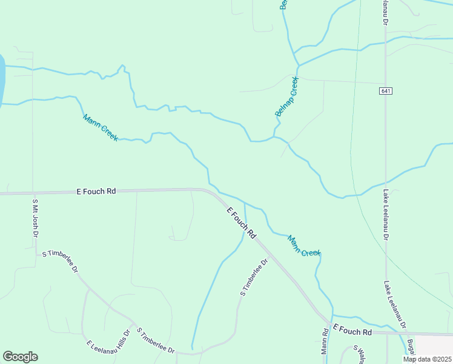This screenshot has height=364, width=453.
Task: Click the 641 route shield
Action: [386, 91]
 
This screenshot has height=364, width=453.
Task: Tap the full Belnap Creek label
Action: [287, 96]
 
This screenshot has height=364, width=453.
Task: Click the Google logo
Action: [20, 357]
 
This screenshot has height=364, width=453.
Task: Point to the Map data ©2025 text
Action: [426, 359]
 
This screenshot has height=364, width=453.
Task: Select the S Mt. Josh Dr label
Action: [35, 218]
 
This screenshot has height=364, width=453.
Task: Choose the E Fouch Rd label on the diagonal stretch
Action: [242, 222]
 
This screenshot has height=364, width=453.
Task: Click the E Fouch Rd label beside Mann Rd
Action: [352, 332]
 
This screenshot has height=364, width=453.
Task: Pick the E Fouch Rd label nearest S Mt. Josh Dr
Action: [96, 191]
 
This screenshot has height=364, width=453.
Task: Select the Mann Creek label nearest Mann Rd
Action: [304, 245]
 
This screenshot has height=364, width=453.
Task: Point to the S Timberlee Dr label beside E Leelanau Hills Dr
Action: [156, 341]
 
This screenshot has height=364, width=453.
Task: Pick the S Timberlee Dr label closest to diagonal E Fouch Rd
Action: [254, 277]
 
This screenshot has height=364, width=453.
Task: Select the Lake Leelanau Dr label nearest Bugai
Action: [395, 305]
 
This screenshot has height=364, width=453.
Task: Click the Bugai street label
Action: [411, 347]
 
